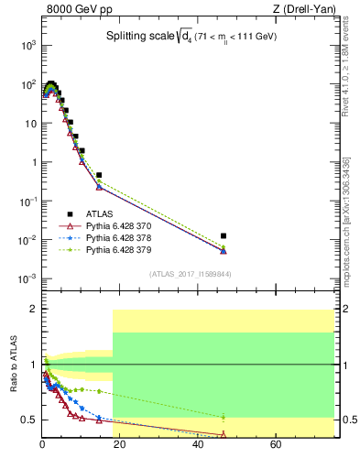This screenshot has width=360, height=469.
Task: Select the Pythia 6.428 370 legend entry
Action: pos(130,225)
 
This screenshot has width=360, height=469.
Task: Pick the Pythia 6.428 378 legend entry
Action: pos(130,236)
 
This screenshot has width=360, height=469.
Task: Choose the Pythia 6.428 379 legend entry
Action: pos(130,248)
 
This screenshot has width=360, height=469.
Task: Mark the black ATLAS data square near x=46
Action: pos(224,235)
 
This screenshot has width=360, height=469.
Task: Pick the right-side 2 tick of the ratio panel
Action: pos(336,309)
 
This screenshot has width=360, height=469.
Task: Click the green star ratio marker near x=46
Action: pos(224,417)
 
